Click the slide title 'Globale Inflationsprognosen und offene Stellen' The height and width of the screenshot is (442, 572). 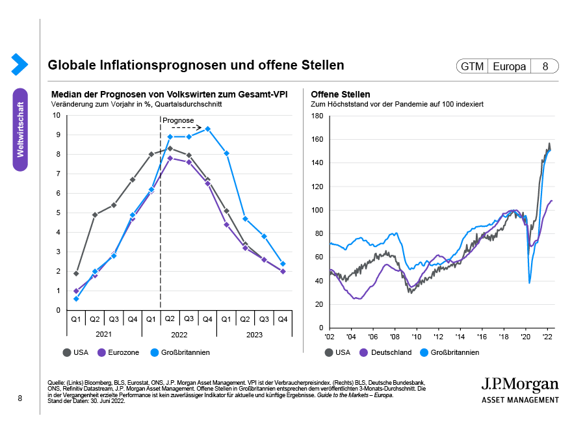196,66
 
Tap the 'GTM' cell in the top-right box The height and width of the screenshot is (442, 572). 471,66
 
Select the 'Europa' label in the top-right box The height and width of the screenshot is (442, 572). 509,66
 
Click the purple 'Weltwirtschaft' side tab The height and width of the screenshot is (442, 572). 20,129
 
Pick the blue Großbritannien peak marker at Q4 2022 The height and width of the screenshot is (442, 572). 207,129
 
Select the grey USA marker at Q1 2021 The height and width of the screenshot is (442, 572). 76,274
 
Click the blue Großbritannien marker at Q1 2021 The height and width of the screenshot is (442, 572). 76,298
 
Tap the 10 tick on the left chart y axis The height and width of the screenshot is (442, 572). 57,116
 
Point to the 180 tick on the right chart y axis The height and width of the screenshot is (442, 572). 318,116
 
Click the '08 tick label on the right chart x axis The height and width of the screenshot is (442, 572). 395,337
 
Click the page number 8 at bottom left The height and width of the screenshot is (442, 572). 20,398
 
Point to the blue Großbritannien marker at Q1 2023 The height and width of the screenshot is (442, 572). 227,153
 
